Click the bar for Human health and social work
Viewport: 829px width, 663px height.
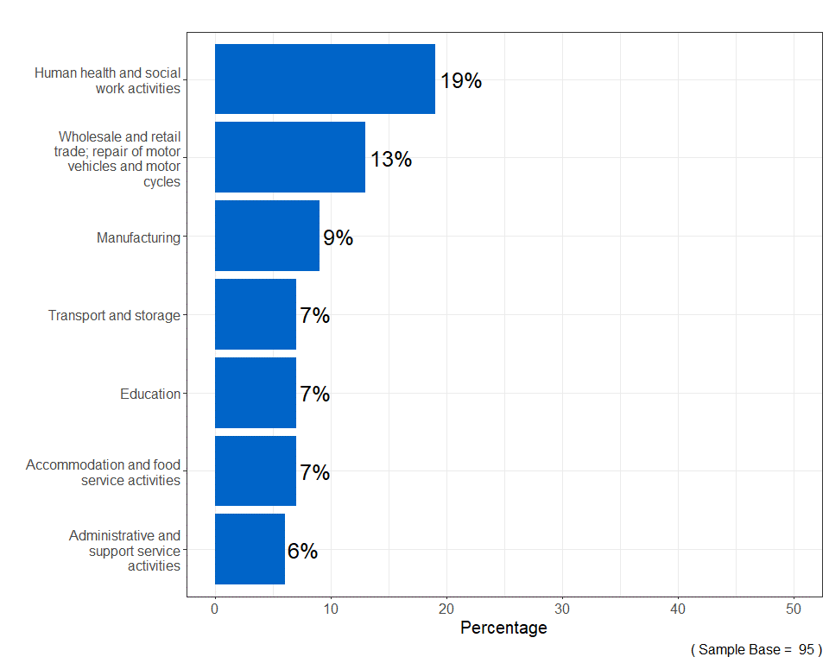(325, 79)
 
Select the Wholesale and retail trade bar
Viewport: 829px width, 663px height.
(289, 157)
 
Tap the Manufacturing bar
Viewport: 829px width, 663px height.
(267, 236)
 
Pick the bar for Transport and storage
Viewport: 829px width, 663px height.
(255, 314)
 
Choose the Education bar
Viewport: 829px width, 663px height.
(255, 393)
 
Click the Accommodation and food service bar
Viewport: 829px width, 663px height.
(255, 470)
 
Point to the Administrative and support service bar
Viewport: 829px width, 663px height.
(250, 549)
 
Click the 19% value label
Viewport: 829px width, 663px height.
(461, 81)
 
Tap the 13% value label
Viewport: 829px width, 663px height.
(391, 160)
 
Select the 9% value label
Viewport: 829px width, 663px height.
(338, 238)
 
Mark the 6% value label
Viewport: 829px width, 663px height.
(302, 552)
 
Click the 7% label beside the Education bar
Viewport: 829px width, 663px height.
(314, 395)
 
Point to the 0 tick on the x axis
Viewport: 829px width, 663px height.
(215, 609)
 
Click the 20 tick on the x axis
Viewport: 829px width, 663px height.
(446, 609)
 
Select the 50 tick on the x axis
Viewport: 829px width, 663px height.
(794, 609)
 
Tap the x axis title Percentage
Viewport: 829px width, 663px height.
(503, 628)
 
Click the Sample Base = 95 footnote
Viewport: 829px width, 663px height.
(756, 649)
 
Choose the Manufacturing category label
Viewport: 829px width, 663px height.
(138, 237)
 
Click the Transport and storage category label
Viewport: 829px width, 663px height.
(114, 316)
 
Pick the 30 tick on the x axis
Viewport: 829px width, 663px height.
(562, 609)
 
